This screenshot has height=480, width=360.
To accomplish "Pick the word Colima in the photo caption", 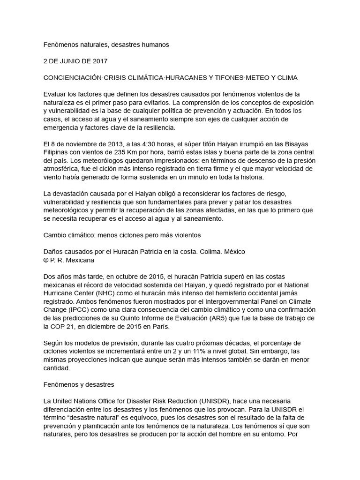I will tap(211, 252).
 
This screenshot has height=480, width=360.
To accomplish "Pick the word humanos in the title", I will tap(150, 45).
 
